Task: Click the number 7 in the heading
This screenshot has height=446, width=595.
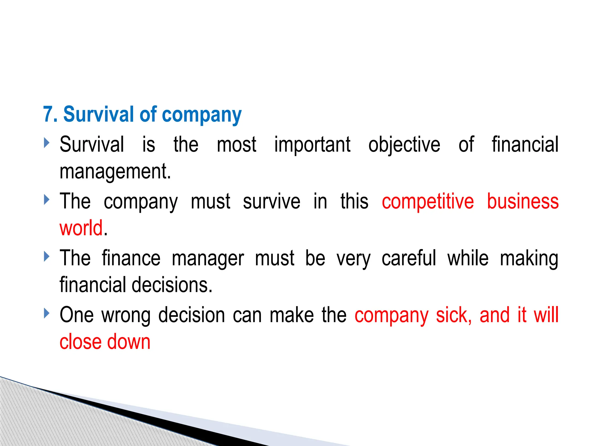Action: pyautogui.click(x=48, y=114)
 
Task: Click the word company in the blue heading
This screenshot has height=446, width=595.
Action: pyautogui.click(x=202, y=115)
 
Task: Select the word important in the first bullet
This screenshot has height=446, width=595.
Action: pyautogui.click(x=312, y=145)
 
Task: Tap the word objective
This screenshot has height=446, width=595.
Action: pyautogui.click(x=404, y=145)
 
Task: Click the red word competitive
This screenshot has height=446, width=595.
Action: pyautogui.click(x=428, y=201)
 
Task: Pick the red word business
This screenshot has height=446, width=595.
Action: pyautogui.click(x=523, y=201)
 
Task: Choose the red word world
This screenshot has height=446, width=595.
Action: pyautogui.click(x=81, y=228)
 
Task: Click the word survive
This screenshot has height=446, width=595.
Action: pyautogui.click(x=272, y=201)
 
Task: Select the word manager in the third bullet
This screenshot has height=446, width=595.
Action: pyautogui.click(x=208, y=258)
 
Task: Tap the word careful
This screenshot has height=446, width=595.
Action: pyautogui.click(x=409, y=258)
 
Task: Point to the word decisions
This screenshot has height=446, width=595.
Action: pyautogui.click(x=172, y=285)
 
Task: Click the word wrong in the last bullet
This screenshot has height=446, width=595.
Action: pyautogui.click(x=126, y=315)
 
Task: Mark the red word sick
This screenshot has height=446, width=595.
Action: pyautogui.click(x=454, y=315)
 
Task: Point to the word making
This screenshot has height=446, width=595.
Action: pyautogui.click(x=529, y=258)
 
